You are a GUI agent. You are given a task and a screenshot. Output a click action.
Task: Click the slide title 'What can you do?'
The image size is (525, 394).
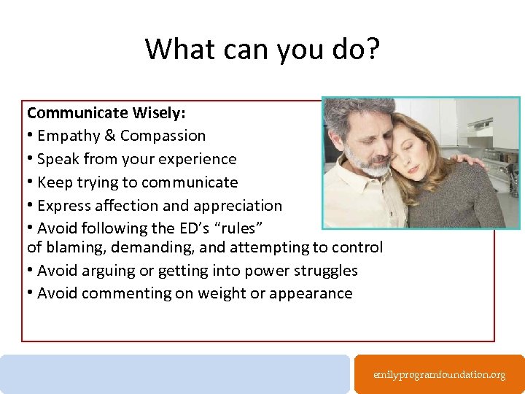(x=262, y=49)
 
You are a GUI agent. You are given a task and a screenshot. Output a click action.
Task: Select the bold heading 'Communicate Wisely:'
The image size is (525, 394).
(x=106, y=112)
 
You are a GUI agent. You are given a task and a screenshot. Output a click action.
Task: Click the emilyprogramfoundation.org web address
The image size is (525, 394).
(x=439, y=374)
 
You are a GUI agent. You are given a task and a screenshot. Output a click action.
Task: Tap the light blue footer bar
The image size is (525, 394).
(x=175, y=374)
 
